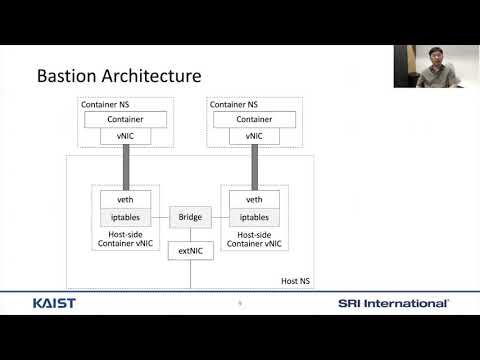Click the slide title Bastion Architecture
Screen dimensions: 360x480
click(119, 75)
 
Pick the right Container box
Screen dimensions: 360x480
click(254, 119)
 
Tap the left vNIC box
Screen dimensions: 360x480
click(126, 136)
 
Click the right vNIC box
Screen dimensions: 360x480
click(254, 136)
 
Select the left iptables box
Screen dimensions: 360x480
click(126, 217)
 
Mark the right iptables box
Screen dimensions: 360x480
click(254, 217)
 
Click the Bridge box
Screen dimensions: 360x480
click(190, 217)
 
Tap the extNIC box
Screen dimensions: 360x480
click(190, 251)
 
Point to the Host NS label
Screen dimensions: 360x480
click(293, 281)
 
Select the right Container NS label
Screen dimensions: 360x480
click(232, 104)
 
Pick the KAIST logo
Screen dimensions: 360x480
click(52, 303)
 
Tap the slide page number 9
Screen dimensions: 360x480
click(240, 303)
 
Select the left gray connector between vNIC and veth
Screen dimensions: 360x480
click(126, 165)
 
